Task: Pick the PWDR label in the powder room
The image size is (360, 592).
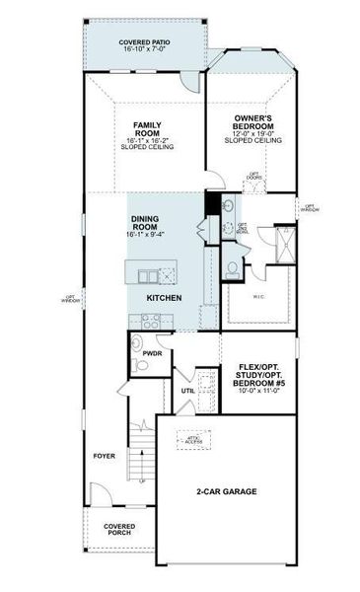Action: [152, 351]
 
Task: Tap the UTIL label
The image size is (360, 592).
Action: [187, 391]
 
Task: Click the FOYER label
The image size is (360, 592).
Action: [104, 456]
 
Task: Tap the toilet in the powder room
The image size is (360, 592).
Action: [140, 366]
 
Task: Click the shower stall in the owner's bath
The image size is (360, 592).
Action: [285, 242]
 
